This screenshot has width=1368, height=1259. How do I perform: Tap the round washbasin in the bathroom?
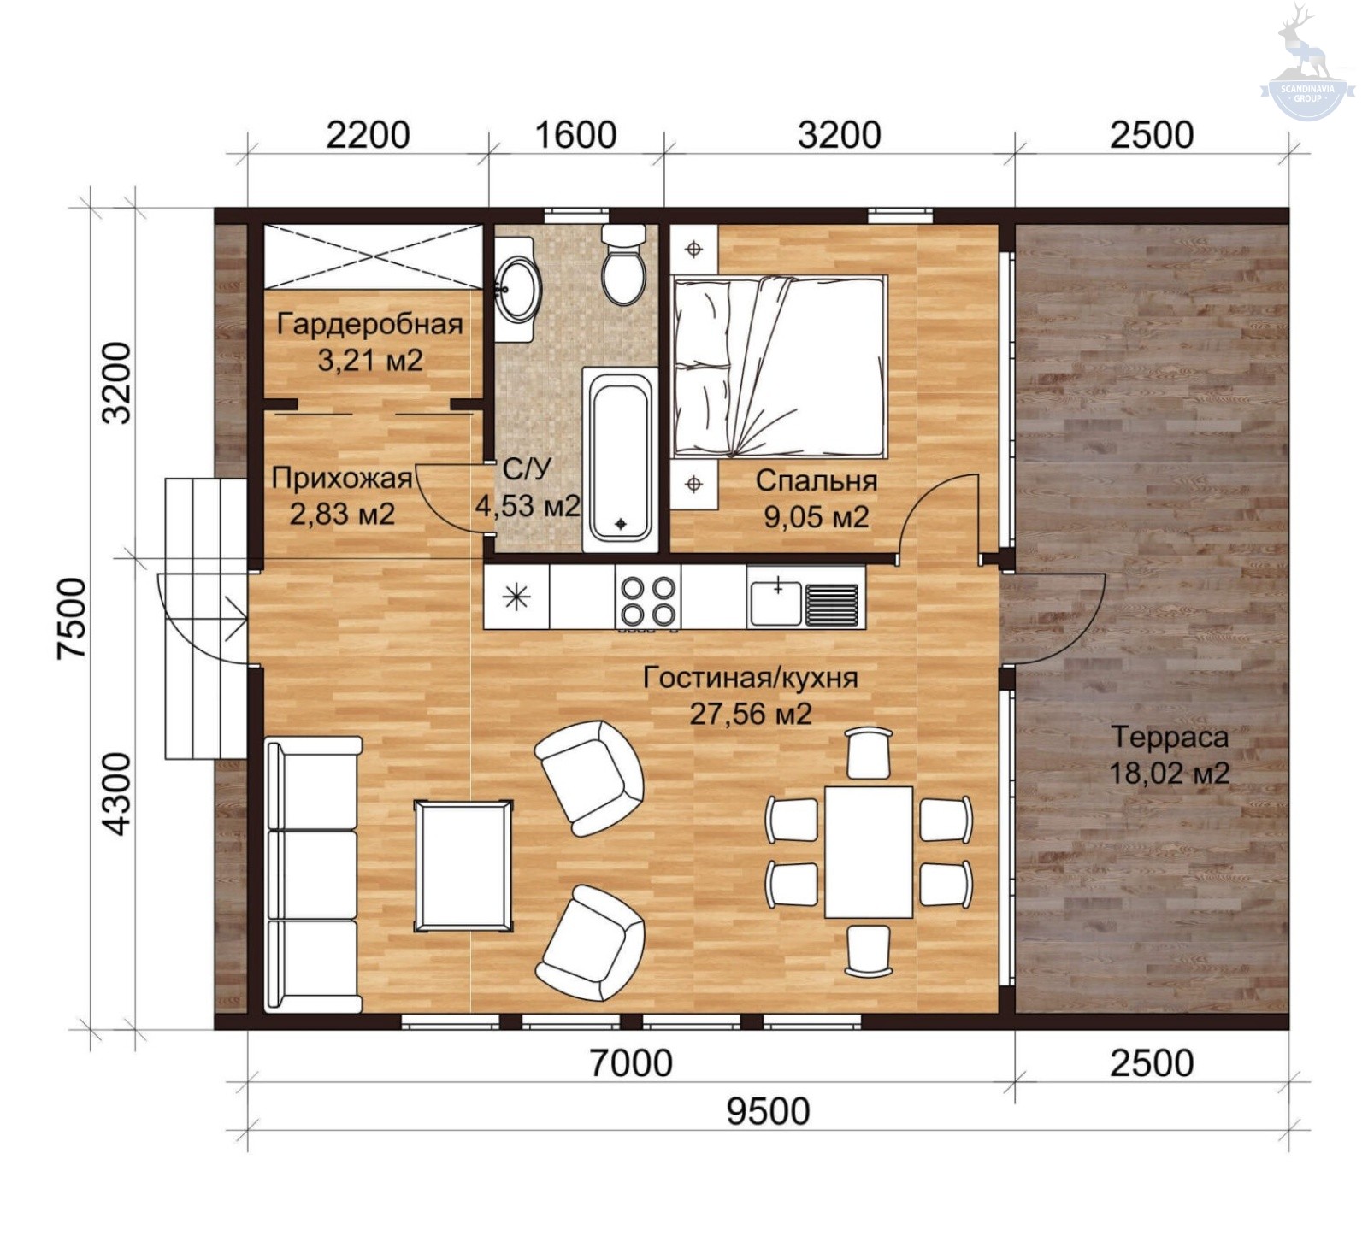coord(518,289)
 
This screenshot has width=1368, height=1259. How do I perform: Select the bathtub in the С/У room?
coord(621,459)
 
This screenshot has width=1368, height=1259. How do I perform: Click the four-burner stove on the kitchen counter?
coord(648,601)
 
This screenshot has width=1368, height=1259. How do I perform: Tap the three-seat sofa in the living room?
coord(313,874)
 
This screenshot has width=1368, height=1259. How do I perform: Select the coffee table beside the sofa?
coord(463,865)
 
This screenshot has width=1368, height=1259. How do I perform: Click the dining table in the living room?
coord(869,851)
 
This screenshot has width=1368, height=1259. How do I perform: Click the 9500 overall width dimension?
coord(768,1112)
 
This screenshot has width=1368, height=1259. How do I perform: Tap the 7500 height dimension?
coord(73,617)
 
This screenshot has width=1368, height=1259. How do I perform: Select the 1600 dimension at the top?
coord(575,135)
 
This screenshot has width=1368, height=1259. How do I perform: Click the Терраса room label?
coord(1169,736)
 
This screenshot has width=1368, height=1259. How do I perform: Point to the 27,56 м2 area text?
coord(751,713)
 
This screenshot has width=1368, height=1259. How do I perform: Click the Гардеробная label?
coord(369,324)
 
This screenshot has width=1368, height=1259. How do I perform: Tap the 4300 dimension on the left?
coord(116,793)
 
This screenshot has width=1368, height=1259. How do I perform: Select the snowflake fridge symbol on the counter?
coord(516,597)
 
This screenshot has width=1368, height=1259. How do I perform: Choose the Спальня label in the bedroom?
coord(816,480)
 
